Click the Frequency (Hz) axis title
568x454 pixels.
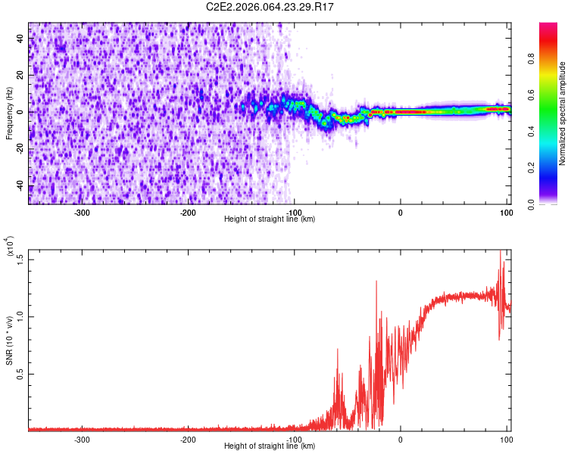coord(9,113)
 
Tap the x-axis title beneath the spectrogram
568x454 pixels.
coord(270,219)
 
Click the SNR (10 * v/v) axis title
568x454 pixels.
coord(9,339)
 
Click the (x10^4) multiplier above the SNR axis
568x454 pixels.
coord(10,245)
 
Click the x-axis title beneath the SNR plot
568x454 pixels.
coord(270,446)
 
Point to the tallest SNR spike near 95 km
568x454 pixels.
coord(501,253)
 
